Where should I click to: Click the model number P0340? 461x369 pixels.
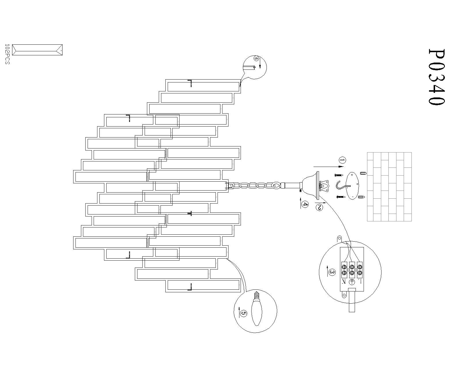tap(437, 77)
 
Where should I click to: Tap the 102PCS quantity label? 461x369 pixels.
tap(7, 54)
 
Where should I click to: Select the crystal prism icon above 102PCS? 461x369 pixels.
tap(37, 50)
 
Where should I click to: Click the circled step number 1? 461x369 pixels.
tap(342, 160)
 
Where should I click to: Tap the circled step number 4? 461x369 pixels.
tap(305, 204)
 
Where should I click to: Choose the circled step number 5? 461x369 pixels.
tap(243, 313)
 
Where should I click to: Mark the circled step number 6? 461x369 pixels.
tap(256, 58)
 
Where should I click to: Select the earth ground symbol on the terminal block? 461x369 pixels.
tap(352, 282)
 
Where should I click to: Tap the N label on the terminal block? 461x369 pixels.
tap(344, 282)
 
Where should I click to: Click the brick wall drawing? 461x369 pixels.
tap(389, 187)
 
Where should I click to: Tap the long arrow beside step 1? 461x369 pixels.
tap(329, 166)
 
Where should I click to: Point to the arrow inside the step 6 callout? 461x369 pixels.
tap(260, 63)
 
